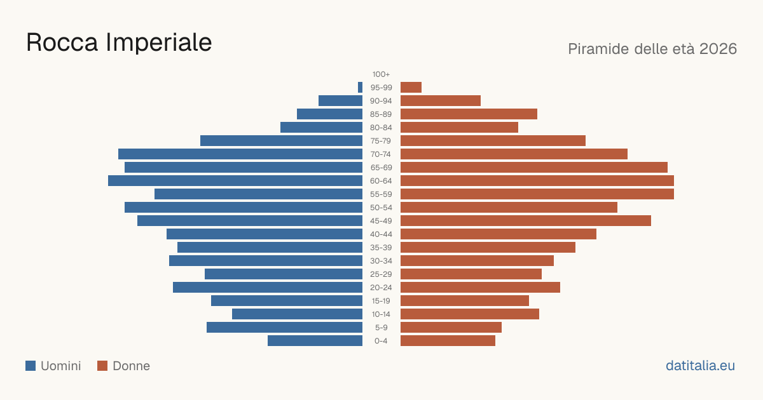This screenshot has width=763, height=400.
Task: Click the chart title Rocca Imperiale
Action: [119, 43]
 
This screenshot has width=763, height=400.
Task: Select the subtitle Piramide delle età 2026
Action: [652, 49]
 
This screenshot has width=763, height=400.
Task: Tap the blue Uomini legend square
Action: [31, 366]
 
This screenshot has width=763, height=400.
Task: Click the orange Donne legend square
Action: [102, 366]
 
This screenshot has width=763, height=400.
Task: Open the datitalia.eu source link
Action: [700, 366]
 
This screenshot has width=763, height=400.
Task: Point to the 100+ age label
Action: [381, 74]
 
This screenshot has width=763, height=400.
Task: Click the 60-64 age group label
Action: [381, 181]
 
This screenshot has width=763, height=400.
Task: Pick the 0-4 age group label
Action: [381, 341]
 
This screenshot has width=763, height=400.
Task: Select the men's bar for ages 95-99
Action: [360, 88]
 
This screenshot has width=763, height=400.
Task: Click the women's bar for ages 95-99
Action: [411, 88]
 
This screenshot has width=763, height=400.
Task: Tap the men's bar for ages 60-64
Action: [235, 180]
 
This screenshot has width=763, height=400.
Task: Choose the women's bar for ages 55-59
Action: [537, 194]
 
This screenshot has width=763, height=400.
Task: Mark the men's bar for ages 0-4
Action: [315, 341]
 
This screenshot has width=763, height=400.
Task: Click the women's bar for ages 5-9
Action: [451, 327]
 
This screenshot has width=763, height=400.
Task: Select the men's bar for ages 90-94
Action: [340, 101]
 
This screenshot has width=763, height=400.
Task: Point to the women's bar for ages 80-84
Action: [459, 127]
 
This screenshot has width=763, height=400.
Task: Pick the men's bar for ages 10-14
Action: [297, 314]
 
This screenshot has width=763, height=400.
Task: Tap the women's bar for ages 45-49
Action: [526, 221]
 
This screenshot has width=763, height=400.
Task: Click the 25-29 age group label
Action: [381, 274]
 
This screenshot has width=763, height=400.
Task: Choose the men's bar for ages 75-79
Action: [281, 140]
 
